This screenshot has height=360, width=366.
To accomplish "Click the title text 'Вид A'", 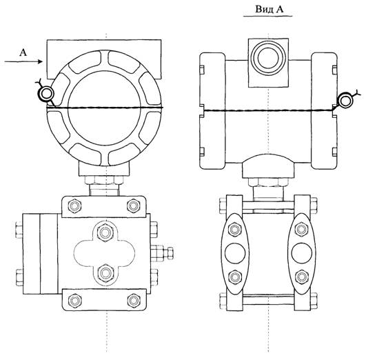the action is [270, 10].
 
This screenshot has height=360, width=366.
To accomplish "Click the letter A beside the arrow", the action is [23, 52].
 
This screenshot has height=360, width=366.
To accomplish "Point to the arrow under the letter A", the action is [23, 61].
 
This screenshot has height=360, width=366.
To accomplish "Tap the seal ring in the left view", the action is [46, 93].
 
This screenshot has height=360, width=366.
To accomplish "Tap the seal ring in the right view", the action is [346, 101].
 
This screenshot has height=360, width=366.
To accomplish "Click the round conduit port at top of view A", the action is [269, 58].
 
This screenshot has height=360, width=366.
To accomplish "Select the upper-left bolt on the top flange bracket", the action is [74, 206].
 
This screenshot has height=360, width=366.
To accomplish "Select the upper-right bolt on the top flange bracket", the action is [134, 206].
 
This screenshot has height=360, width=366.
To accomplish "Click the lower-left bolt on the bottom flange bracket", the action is [74, 300].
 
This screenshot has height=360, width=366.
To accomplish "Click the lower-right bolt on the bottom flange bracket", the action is [134, 300].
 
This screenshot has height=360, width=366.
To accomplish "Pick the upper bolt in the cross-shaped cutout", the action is [105, 232].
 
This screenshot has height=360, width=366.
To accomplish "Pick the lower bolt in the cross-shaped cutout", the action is [105, 272].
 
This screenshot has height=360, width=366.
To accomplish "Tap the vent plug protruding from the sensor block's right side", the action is [162, 253].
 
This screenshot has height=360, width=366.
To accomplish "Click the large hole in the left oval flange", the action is [235, 254].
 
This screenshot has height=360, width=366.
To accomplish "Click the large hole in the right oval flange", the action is [302, 254].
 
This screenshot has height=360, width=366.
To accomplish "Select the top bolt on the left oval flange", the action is [235, 230].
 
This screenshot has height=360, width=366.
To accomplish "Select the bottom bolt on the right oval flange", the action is [301, 277].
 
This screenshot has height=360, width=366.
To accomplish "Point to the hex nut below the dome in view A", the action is [268, 182].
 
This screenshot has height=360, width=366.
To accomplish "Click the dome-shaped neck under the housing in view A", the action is [268, 166].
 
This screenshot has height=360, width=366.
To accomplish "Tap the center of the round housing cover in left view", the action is [105, 108].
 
